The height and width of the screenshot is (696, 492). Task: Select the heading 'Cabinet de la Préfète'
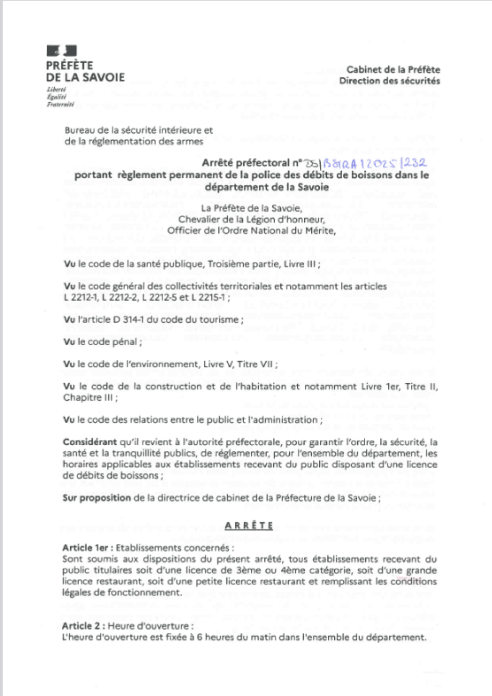(x=393, y=70)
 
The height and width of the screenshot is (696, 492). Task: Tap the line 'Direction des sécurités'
(x=389, y=81)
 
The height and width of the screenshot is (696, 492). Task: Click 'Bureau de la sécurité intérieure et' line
(x=139, y=131)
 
